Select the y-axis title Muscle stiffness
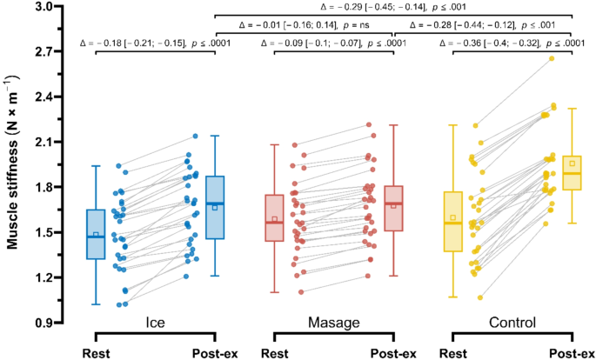point(15,163)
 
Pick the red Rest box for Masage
point(274,217)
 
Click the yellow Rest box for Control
point(452,221)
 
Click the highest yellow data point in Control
point(551,58)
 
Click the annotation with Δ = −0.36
point(512,42)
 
